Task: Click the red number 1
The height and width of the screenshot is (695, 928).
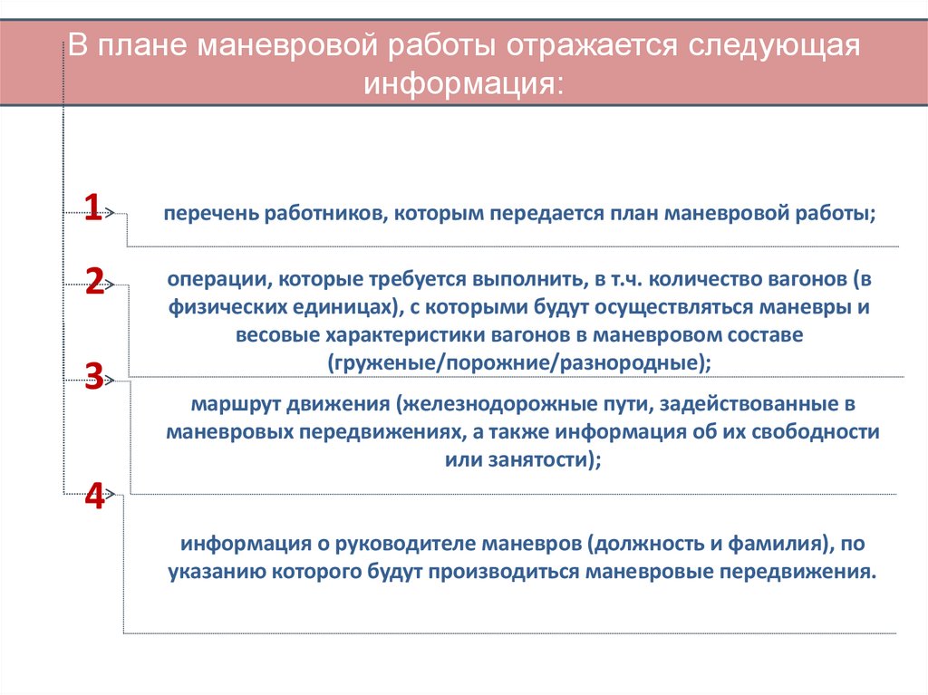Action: (x=92, y=208)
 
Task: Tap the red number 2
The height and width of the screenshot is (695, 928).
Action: (x=95, y=282)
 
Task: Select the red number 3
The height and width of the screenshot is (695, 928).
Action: (x=93, y=375)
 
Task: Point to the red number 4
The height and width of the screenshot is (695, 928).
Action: (x=94, y=496)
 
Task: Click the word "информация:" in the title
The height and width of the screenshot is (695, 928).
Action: (x=463, y=84)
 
